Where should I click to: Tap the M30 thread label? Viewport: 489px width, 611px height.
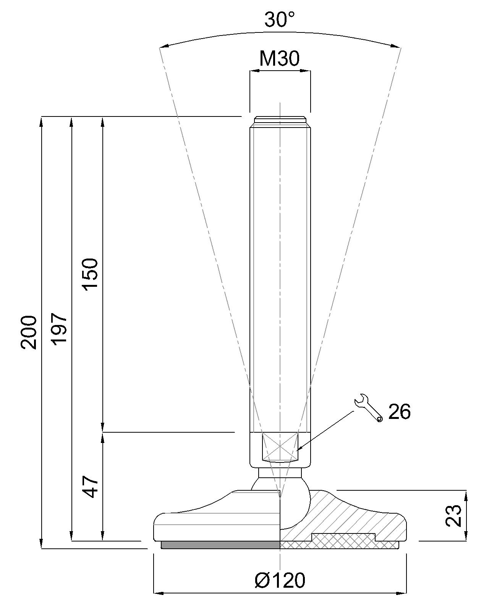pos(280,58)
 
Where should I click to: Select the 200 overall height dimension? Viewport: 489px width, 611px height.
pos(29,332)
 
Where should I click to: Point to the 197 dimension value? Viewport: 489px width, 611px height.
pos(60,330)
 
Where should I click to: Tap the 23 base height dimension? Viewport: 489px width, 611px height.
pos(454,516)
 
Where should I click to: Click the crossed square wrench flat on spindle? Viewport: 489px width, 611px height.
pos(280,447)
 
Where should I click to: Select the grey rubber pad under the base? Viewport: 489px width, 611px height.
pos(220,545)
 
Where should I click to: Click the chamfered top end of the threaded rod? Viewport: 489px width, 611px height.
pos(280,121)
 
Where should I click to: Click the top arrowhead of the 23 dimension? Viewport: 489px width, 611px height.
pos(466,495)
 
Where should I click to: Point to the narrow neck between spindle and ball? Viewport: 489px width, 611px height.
pos(280,472)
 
